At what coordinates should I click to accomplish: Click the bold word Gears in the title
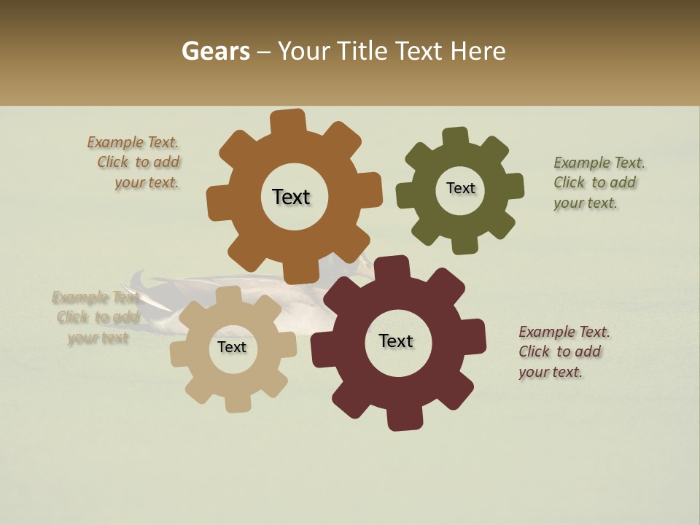[214, 52]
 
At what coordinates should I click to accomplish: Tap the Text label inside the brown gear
[291, 197]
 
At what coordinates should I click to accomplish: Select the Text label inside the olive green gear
[460, 188]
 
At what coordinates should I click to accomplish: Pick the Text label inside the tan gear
[232, 348]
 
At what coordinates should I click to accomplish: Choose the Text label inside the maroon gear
[396, 341]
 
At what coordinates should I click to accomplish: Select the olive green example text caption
[598, 183]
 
